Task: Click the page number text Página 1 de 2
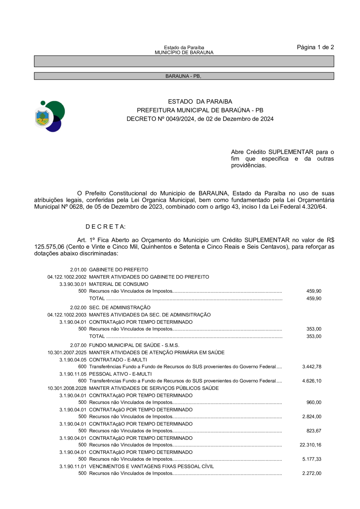tap(315, 47)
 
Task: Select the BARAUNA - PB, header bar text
tap(184, 76)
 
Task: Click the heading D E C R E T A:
tap(106, 227)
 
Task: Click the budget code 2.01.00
tap(78, 270)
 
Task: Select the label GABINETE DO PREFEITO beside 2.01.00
tap(119, 270)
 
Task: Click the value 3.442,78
tap(312, 367)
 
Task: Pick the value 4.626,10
tap(312, 381)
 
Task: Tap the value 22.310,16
tap(310, 445)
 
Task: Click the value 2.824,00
tap(312, 417)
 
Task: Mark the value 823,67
tap(314, 431)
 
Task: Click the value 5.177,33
tap(312, 459)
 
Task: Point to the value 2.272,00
tap(312, 473)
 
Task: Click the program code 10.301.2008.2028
tap(67, 388)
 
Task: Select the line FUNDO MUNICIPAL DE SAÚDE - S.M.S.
tap(134, 345)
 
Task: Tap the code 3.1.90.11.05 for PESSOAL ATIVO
tap(73, 374)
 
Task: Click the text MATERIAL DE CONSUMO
tap(113, 284)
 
